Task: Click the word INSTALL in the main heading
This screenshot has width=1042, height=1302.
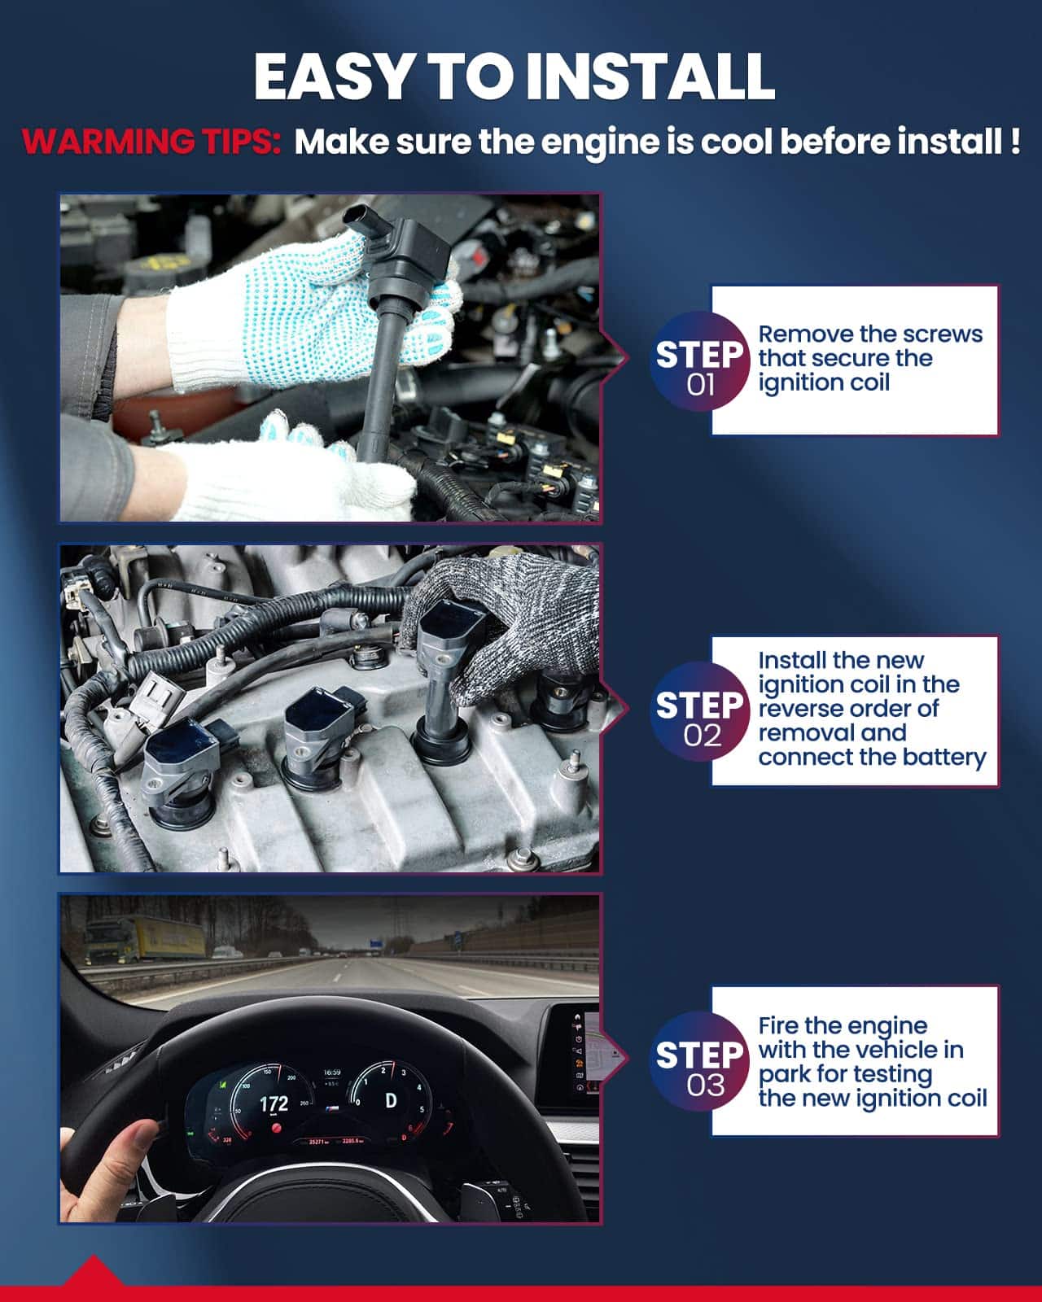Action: [651, 76]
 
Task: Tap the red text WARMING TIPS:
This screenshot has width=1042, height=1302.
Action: [151, 142]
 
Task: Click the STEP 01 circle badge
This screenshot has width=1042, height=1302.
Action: [700, 362]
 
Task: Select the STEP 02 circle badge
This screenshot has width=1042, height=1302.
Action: [700, 712]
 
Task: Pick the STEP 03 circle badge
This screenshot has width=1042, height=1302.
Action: [700, 1063]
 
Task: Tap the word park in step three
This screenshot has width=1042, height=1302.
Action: [786, 1076]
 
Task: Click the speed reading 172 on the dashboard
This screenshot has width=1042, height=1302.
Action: [274, 1104]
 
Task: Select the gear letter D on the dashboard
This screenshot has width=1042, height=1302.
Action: [391, 1100]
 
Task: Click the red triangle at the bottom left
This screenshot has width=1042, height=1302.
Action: [94, 1270]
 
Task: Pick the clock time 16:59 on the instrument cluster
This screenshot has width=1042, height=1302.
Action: [332, 1072]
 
